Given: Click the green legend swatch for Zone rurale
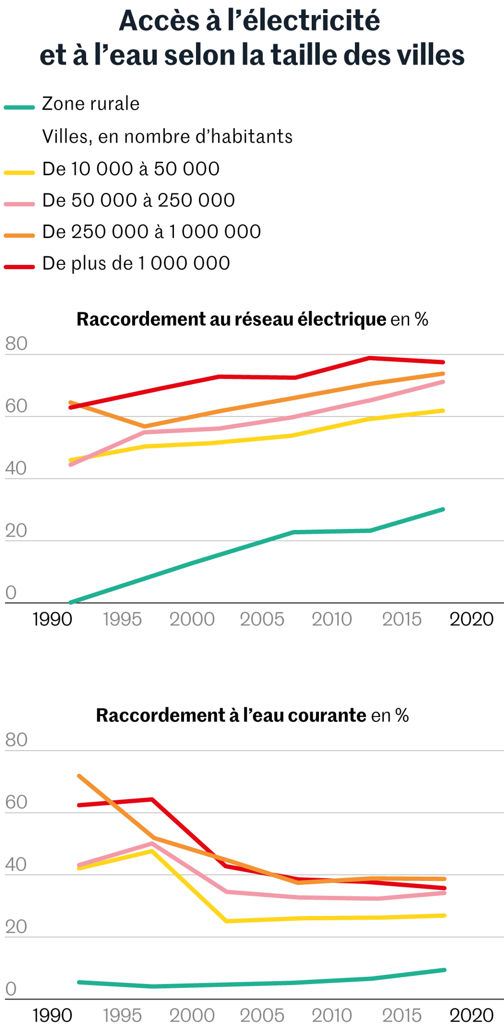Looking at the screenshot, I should coord(19,107).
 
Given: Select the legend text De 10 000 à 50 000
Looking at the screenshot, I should coord(131,169).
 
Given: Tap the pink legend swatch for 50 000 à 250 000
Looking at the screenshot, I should coord(19,204).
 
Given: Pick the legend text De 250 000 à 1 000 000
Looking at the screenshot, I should coord(152,232).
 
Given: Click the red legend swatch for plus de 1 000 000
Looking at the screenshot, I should coord(19,267).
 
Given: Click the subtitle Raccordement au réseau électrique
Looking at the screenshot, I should coord(232,319).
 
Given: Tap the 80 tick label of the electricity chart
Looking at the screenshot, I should coord(16,343).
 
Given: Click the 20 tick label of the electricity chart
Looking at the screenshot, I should coord(16,531).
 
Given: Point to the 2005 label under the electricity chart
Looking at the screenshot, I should coord(262,619).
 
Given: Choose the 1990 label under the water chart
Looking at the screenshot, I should coord(52,1015).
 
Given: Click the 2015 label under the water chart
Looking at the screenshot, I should coord(402,1015).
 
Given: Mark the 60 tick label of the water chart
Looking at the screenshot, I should coord(16,802).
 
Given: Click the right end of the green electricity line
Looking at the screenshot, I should coord(443,510).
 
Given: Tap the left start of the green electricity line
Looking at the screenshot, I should coord(71,602).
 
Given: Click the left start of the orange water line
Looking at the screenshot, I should coord(79,776).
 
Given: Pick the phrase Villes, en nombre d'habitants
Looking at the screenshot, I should coord(167,136).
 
